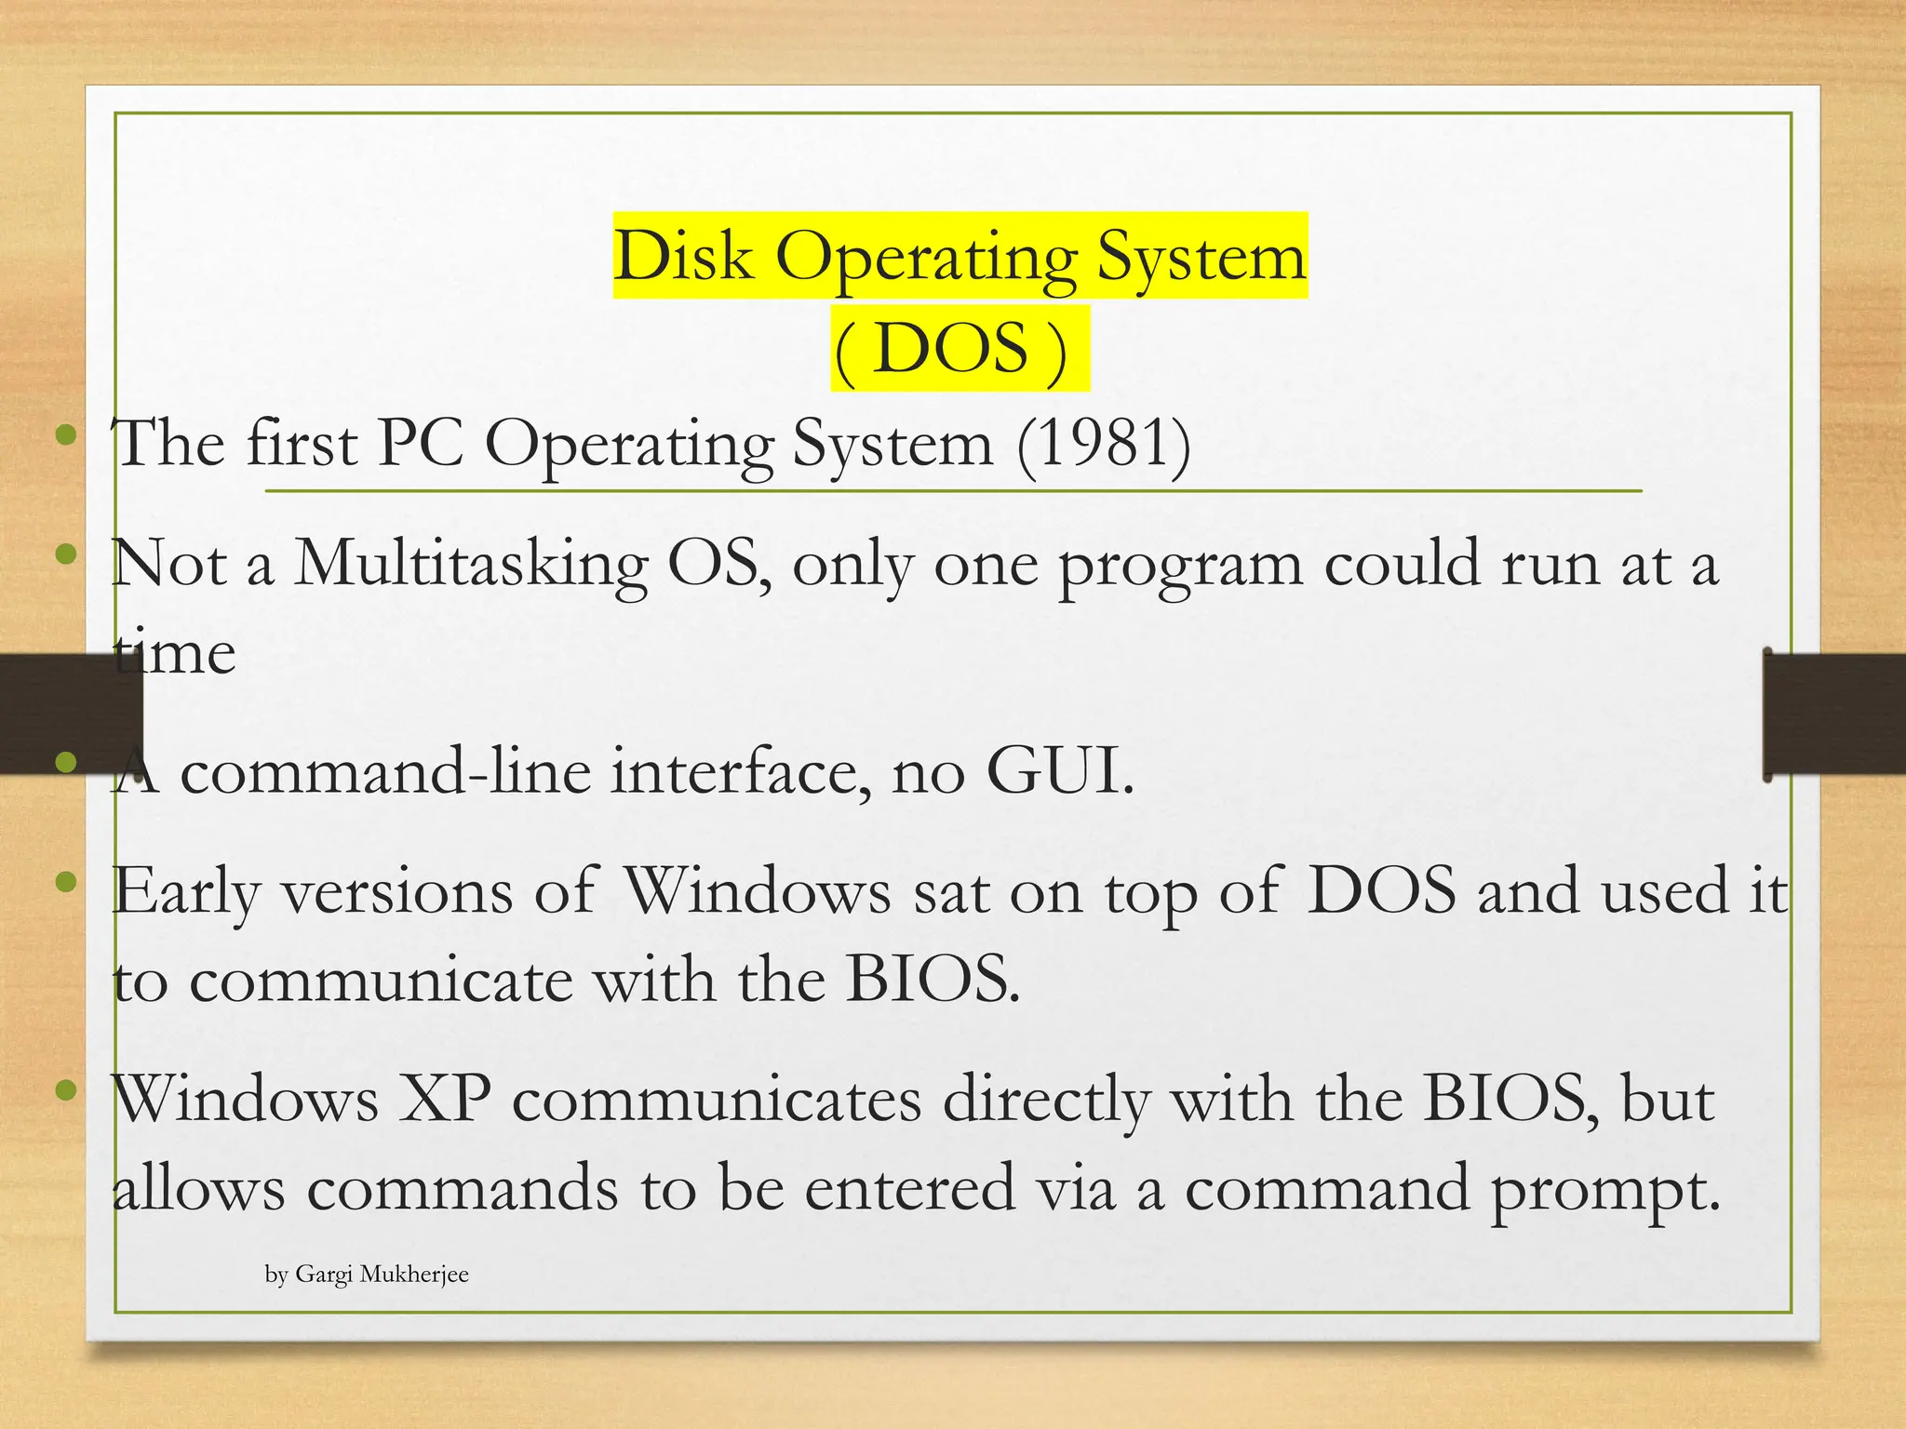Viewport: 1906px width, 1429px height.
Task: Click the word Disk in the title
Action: click(x=682, y=256)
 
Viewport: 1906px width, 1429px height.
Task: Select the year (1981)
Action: click(x=1104, y=444)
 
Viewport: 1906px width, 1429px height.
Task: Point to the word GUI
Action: click(x=1060, y=772)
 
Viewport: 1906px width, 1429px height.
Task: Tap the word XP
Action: click(x=445, y=1100)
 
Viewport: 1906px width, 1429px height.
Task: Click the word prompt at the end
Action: click(x=1606, y=1189)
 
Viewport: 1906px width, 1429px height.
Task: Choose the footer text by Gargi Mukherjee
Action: click(x=367, y=1275)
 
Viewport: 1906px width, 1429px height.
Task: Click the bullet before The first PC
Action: click(x=65, y=435)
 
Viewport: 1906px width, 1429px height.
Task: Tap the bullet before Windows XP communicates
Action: click(x=65, y=1090)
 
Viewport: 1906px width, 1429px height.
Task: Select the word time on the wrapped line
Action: click(x=174, y=652)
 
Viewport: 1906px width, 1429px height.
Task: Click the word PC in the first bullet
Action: click(x=421, y=444)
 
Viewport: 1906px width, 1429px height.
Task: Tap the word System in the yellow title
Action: click(x=1201, y=256)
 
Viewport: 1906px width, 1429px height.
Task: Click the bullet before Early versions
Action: click(x=65, y=882)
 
